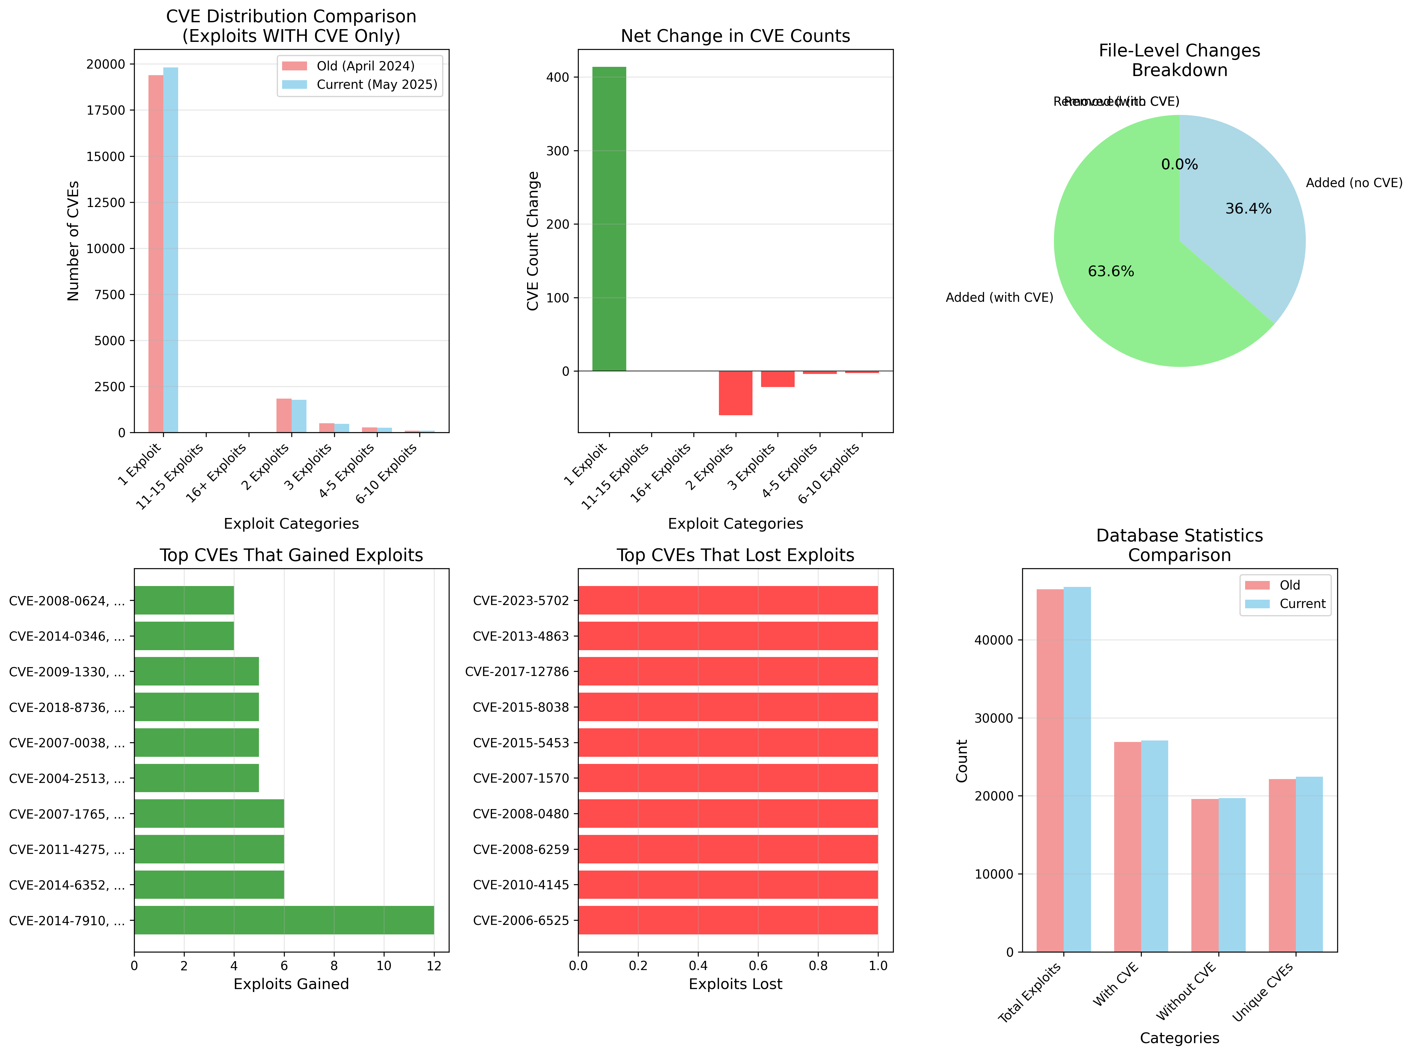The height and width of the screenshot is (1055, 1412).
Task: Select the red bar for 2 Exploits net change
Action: [735, 393]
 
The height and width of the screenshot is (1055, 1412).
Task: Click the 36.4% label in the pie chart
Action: [1248, 209]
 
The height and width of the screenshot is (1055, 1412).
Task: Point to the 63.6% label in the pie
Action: [1111, 271]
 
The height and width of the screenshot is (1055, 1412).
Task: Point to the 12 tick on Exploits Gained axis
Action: [434, 966]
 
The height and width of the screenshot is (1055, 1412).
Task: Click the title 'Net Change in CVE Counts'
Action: [735, 36]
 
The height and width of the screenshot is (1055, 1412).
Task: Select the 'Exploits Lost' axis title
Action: [735, 984]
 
